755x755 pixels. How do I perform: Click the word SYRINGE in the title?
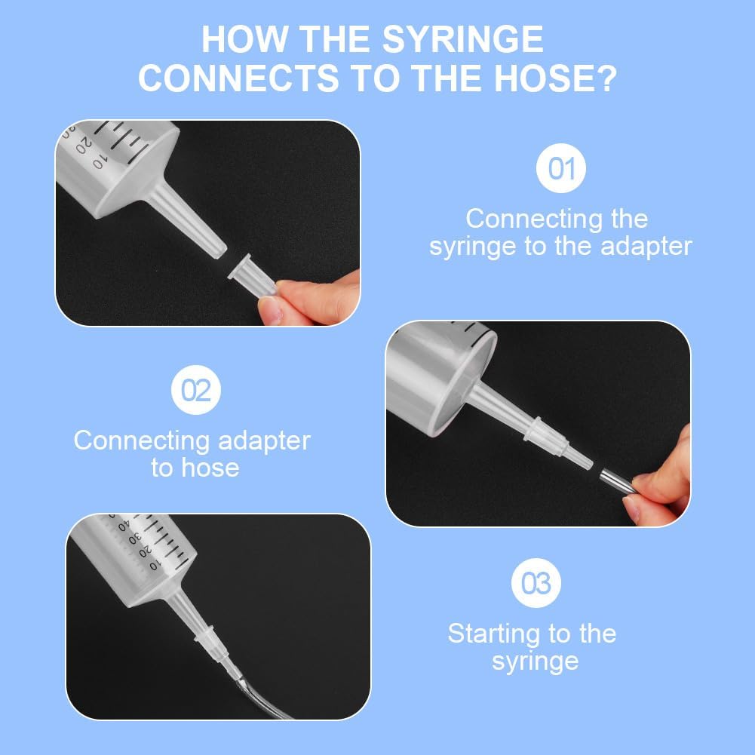click(x=462, y=39)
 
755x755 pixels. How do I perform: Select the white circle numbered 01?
click(x=561, y=168)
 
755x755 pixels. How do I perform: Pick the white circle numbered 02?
click(x=196, y=390)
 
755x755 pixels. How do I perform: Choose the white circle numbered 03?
click(x=536, y=583)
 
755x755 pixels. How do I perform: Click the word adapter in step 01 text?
click(x=646, y=247)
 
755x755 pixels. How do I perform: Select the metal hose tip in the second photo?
click(x=616, y=481)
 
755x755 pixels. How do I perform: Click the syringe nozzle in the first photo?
click(x=188, y=220)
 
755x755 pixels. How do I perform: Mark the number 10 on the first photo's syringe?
click(x=98, y=162)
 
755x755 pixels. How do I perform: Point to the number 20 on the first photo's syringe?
click(x=82, y=145)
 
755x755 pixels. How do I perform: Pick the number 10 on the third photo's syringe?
click(x=154, y=564)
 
